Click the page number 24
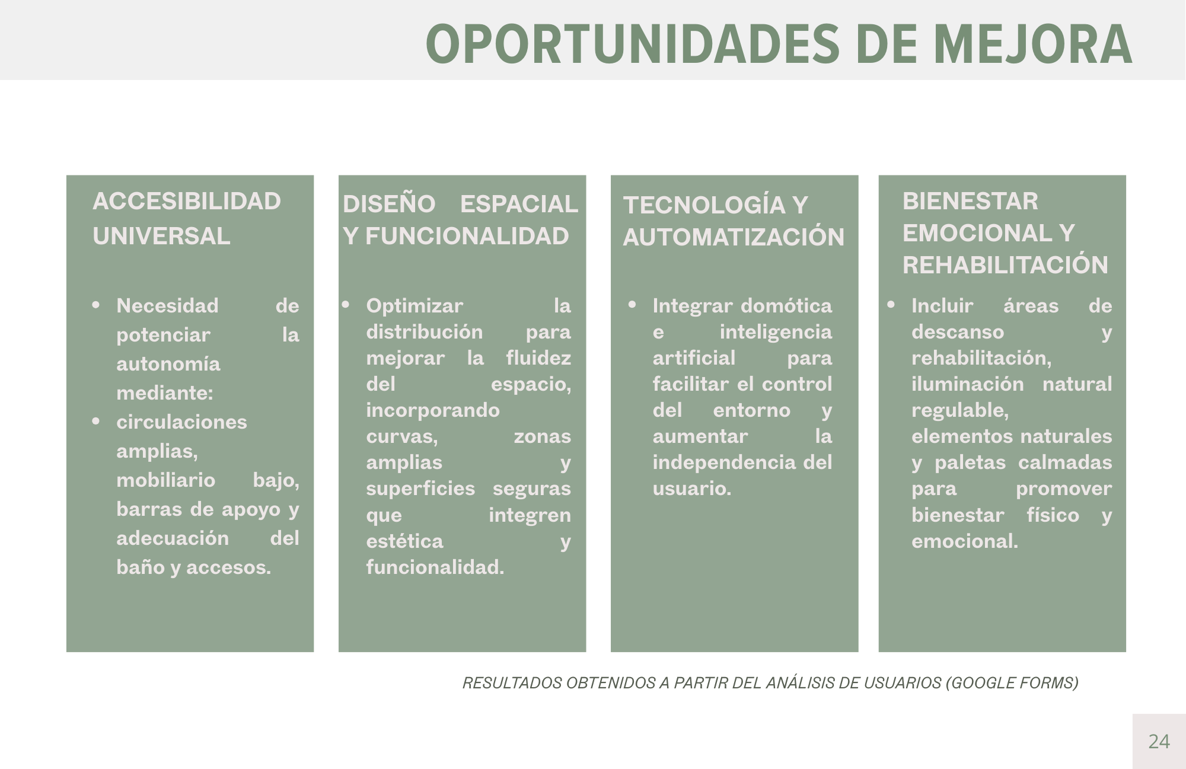tap(1159, 741)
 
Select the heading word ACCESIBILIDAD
tap(187, 201)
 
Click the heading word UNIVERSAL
tap(161, 236)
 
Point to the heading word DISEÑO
tap(389, 203)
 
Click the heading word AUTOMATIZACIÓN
tap(734, 237)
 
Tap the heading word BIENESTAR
tap(970, 201)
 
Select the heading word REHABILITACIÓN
tap(1005, 265)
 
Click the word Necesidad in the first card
tap(167, 305)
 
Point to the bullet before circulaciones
tap(96, 422)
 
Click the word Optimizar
tap(415, 305)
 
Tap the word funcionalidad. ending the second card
tap(435, 567)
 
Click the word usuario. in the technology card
tap(692, 488)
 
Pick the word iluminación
tap(967, 384)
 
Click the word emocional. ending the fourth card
tap(964, 541)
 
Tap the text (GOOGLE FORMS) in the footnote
tap(1012, 683)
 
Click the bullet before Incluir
tap(891, 305)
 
